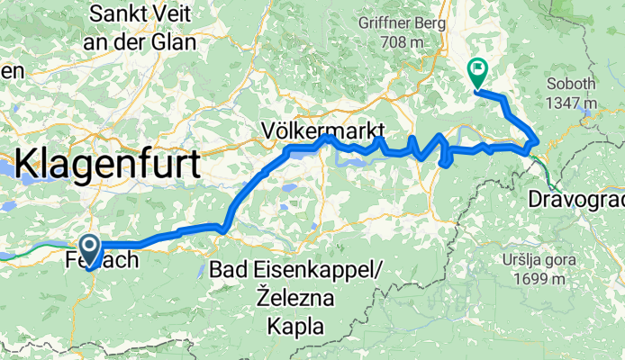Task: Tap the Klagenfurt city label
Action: pos(108,166)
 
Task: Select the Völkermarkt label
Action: pos(323,128)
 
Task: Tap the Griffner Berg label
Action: pos(403,22)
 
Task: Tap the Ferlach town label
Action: pos(102,262)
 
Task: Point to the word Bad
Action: pos(227,269)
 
